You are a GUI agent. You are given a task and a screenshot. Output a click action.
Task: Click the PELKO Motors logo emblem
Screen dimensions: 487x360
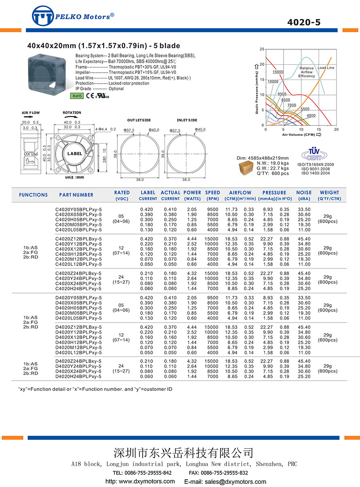[x=43, y=17]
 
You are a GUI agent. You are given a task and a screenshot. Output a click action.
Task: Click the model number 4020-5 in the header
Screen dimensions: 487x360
[x=303, y=22]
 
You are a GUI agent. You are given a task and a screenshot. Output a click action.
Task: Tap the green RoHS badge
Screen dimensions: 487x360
[x=77, y=96]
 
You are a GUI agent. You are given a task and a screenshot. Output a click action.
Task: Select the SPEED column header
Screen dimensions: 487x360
[x=212, y=193]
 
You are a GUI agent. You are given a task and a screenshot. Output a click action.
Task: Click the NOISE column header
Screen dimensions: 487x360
[x=304, y=193]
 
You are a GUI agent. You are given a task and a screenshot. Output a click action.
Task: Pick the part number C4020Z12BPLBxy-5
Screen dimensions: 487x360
[x=78, y=239]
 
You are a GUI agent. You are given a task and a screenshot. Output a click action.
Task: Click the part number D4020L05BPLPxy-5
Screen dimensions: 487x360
[x=78, y=318]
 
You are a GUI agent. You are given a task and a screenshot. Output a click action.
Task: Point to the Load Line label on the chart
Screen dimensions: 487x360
[x=326, y=68]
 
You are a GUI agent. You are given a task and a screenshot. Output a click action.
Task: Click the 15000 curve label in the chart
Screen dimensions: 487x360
[x=278, y=72]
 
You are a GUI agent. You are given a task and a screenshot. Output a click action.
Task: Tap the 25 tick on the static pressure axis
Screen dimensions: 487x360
[x=262, y=49]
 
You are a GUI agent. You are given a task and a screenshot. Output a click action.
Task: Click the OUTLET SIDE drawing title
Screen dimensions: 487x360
[x=139, y=120]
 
